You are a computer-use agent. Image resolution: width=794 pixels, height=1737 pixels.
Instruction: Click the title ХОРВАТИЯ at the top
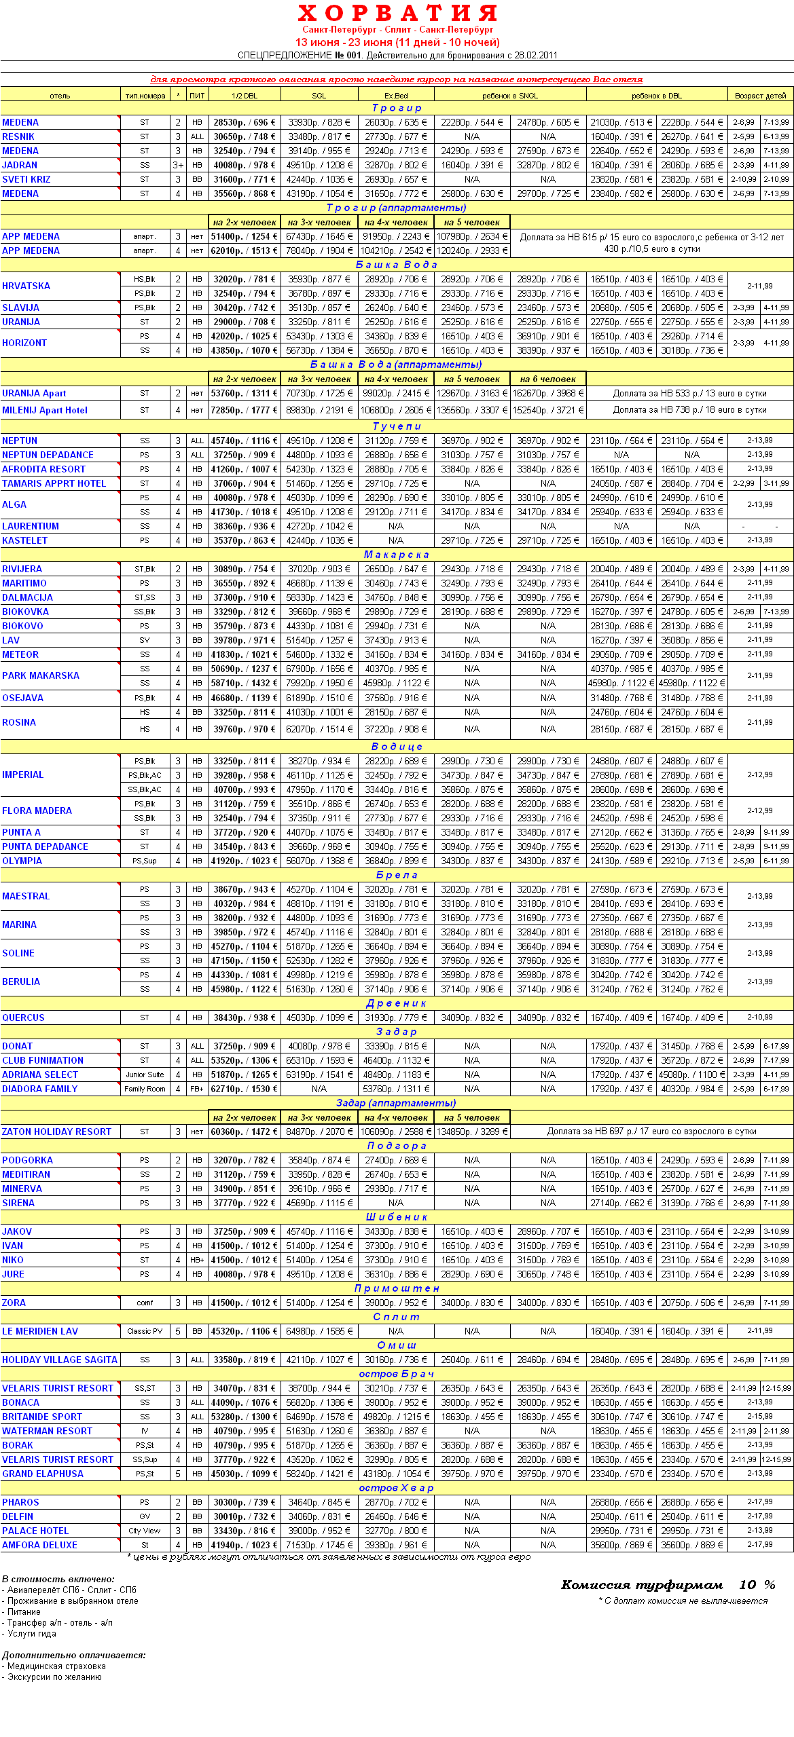click(x=397, y=13)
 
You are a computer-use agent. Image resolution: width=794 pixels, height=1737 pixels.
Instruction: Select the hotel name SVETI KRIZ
click(x=26, y=179)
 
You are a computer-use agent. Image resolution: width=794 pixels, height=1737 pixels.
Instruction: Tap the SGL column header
click(x=319, y=96)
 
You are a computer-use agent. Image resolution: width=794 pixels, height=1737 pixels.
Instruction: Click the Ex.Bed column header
click(x=395, y=96)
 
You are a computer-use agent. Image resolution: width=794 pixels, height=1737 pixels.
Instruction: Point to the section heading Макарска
click(x=397, y=555)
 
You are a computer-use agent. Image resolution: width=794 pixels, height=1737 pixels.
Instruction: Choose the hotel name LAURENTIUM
click(x=31, y=526)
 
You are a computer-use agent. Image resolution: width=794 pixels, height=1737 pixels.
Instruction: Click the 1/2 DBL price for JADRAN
click(x=244, y=165)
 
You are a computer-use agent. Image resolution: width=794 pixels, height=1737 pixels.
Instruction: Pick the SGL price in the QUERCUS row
click(x=319, y=1017)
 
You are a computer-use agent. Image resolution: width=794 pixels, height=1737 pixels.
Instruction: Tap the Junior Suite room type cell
click(x=145, y=1075)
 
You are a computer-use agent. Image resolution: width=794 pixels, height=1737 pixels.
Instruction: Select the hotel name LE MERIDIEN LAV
click(x=40, y=1331)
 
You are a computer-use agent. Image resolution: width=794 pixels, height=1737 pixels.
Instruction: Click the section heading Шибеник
click(x=397, y=1217)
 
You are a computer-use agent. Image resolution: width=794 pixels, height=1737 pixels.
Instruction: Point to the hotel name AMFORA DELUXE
click(x=39, y=1545)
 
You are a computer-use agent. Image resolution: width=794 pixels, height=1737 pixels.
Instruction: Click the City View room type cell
click(x=145, y=1531)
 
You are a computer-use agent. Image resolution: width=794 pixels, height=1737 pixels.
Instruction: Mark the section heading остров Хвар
click(x=397, y=1488)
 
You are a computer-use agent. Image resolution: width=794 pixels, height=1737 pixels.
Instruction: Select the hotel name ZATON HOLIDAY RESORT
click(x=56, y=1132)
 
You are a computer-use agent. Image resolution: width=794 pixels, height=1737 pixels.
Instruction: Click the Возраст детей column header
click(x=760, y=96)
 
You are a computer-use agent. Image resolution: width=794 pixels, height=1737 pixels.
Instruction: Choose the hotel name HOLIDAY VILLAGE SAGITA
click(x=60, y=1360)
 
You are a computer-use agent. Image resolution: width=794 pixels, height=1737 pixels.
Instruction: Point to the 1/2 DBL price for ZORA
click(x=244, y=1303)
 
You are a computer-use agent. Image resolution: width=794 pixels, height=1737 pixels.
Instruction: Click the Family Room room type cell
click(x=145, y=1089)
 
